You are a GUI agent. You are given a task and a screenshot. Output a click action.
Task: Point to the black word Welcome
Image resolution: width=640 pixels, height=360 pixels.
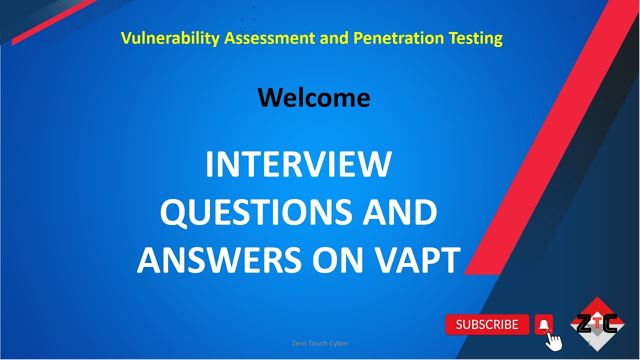[x=314, y=97]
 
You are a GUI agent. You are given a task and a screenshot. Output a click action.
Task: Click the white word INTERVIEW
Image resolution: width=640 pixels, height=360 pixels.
[x=298, y=164]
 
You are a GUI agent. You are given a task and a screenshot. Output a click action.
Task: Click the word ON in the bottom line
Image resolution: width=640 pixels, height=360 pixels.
[x=338, y=260]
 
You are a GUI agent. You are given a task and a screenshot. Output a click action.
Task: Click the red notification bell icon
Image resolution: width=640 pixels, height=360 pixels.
[x=544, y=325]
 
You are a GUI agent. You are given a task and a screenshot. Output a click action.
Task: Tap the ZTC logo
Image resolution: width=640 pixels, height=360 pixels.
[x=597, y=324]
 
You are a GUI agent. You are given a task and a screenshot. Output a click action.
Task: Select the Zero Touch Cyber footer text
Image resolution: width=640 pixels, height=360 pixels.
[x=319, y=343]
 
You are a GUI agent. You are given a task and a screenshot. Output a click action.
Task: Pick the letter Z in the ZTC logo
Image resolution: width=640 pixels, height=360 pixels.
[x=583, y=324]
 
